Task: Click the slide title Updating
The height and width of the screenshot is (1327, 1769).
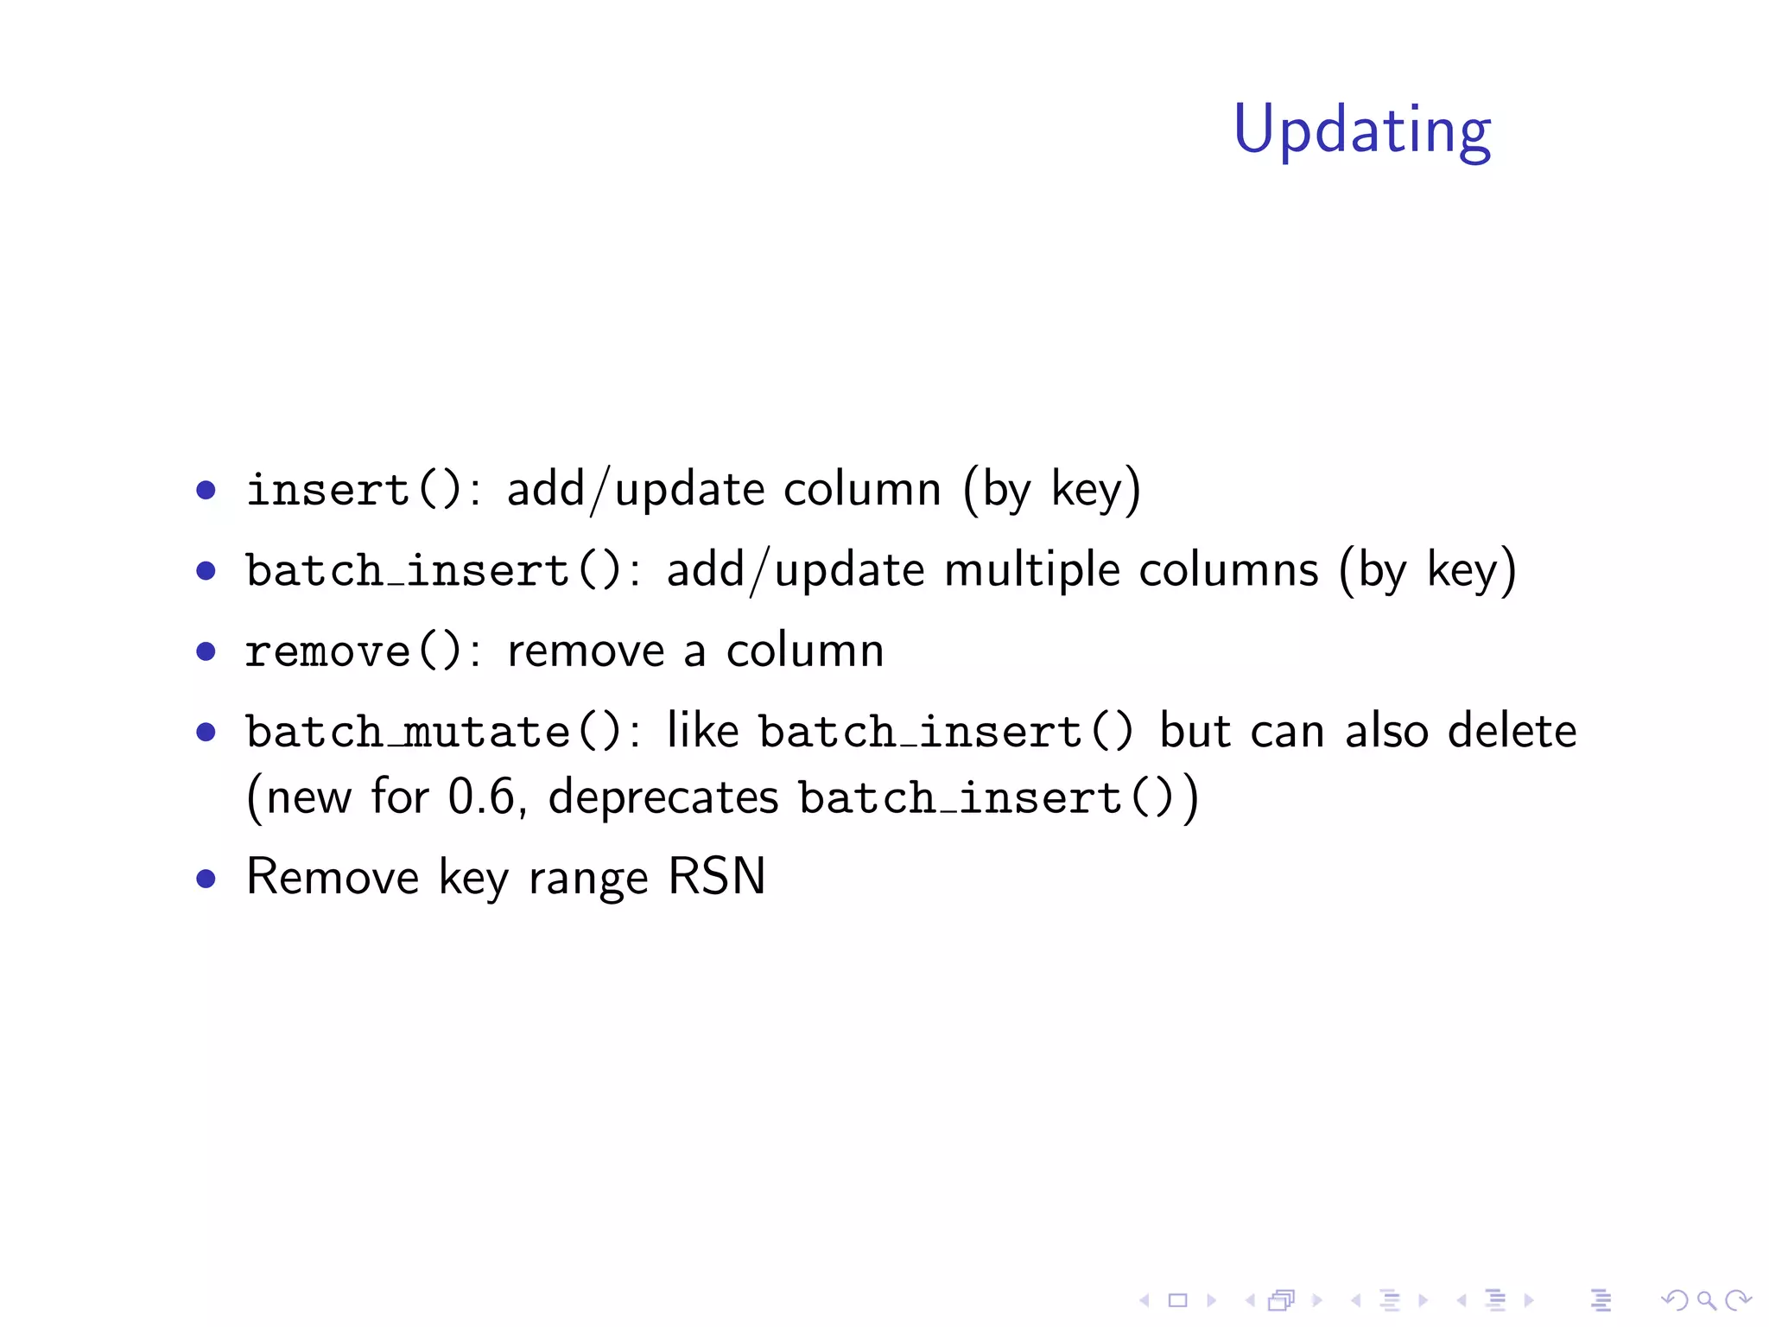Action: coord(1362,130)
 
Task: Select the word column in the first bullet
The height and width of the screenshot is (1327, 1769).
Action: coord(862,490)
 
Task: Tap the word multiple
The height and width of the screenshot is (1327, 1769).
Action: coord(1031,570)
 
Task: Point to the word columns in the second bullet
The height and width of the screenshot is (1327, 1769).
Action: coord(1228,570)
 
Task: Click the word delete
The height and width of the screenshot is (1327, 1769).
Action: coord(1512,732)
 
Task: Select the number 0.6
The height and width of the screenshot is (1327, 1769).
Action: coord(482,797)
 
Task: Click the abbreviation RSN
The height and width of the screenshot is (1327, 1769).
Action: coord(717,877)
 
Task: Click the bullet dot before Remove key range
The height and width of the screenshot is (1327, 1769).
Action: coord(206,879)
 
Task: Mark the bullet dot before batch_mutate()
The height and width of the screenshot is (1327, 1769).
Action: coord(206,733)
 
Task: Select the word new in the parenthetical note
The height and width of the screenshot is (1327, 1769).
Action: coord(308,797)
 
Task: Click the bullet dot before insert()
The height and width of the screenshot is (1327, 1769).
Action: coord(206,491)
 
